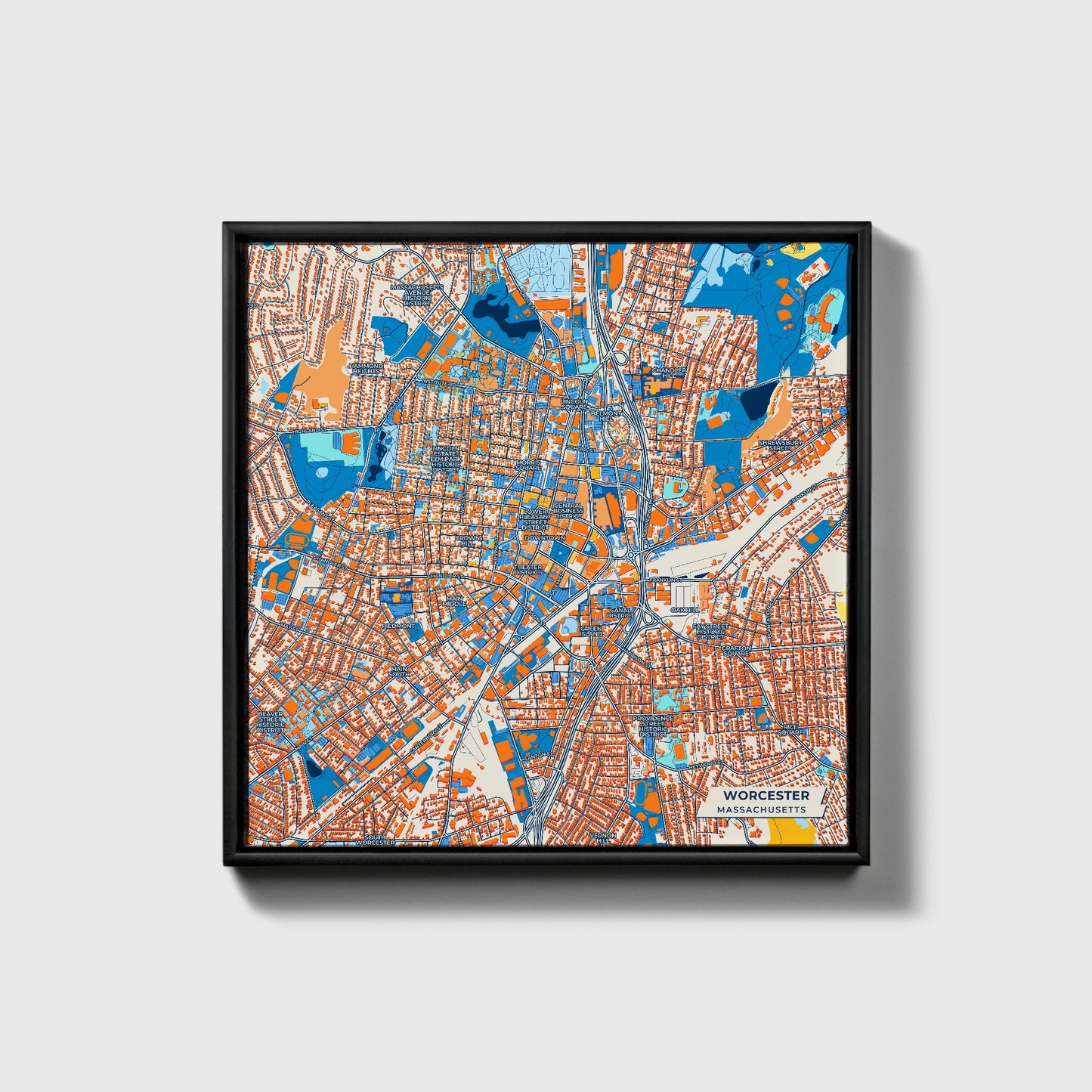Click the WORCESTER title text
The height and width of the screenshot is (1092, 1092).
(766, 796)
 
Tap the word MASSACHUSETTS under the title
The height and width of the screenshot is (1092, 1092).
(762, 809)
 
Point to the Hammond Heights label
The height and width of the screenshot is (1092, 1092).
(366, 368)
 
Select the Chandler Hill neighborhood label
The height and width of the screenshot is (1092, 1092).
(668, 373)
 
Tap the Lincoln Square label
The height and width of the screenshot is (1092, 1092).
(574, 404)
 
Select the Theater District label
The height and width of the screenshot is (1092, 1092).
(527, 570)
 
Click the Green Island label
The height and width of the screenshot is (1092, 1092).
(592, 630)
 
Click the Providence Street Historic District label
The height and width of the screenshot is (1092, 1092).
(652, 725)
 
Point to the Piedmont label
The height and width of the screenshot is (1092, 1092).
(399, 626)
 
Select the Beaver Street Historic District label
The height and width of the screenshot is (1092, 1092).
(271, 722)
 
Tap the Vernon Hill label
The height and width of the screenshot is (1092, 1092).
(605, 837)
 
